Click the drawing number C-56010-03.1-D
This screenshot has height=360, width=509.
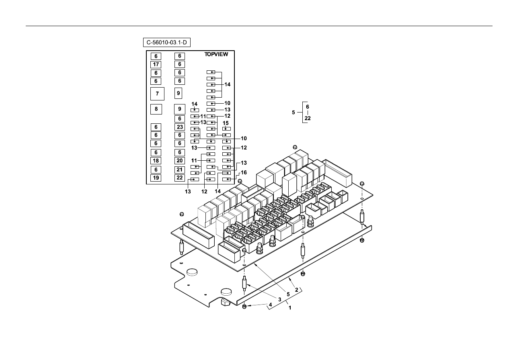[x=166, y=43]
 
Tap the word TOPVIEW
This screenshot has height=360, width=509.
[x=216, y=54]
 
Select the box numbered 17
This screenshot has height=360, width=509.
[x=156, y=65]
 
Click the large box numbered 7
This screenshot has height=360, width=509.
[x=157, y=94]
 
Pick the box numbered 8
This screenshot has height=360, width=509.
[x=156, y=109]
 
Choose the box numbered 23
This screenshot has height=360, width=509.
[x=180, y=127]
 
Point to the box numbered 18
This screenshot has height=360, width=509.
[x=156, y=161]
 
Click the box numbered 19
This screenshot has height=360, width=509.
[x=156, y=178]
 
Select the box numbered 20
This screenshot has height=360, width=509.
[x=180, y=161]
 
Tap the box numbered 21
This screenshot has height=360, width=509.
[x=180, y=170]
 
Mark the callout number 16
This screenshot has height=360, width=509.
[x=244, y=173]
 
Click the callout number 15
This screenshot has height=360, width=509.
[x=226, y=123]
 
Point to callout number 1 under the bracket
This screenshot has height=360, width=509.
[x=290, y=308]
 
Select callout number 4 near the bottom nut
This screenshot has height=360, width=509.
[x=271, y=305]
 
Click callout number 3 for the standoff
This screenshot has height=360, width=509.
[x=280, y=300]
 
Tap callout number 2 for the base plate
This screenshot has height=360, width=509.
[x=297, y=290]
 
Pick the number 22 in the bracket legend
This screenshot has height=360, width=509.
[x=308, y=119]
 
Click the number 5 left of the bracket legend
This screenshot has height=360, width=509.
[x=293, y=112]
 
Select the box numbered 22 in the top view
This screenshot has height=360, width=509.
[x=180, y=178]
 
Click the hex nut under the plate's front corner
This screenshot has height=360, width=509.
[x=244, y=307]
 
